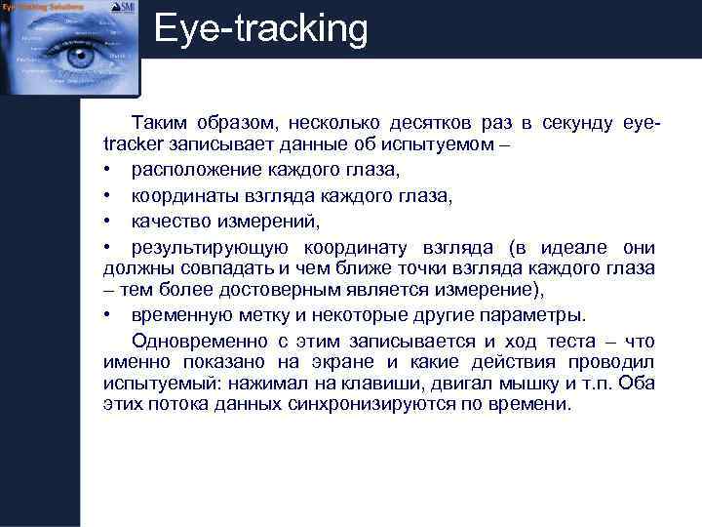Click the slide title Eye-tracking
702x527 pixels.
261,29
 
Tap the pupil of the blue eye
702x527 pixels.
77,57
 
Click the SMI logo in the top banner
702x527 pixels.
124,8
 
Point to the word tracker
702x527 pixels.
134,146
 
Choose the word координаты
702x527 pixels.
184,195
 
